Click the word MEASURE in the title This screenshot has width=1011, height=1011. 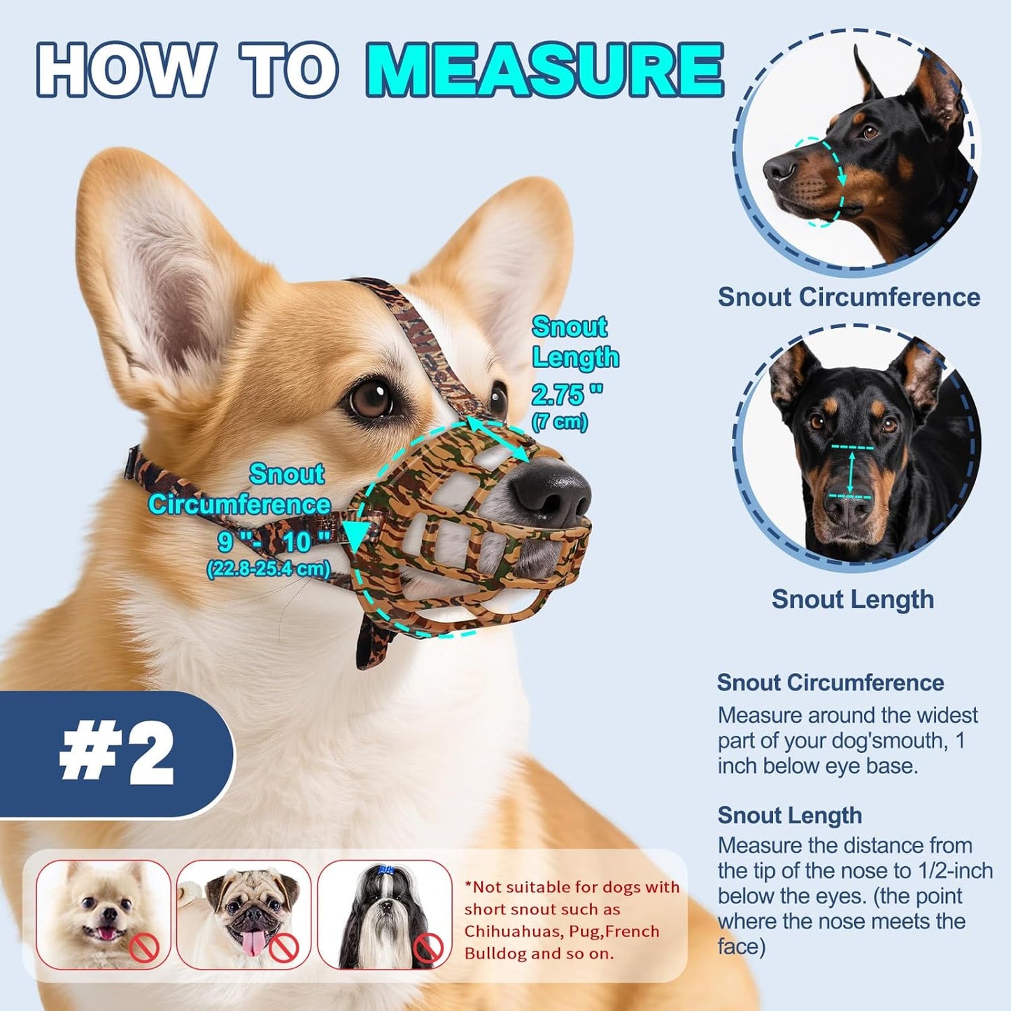click(x=544, y=71)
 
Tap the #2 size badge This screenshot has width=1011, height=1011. click(x=116, y=754)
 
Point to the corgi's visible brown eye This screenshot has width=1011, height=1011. click(x=370, y=399)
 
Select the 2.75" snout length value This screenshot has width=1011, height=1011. click(x=566, y=395)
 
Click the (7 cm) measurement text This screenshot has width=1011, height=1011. click(x=559, y=422)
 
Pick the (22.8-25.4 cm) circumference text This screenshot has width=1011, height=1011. click(x=268, y=568)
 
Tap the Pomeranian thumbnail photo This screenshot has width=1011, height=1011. click(x=103, y=914)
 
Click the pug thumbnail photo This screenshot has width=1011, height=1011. click(x=243, y=914)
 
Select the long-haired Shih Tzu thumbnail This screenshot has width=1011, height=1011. click(x=384, y=914)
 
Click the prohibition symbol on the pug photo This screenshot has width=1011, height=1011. click(x=284, y=948)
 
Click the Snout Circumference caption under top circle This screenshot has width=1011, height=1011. click(x=849, y=297)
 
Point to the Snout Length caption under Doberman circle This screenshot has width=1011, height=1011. click(x=852, y=599)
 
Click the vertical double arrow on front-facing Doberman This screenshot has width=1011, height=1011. click(x=851, y=472)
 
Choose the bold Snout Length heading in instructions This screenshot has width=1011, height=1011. click(x=789, y=815)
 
